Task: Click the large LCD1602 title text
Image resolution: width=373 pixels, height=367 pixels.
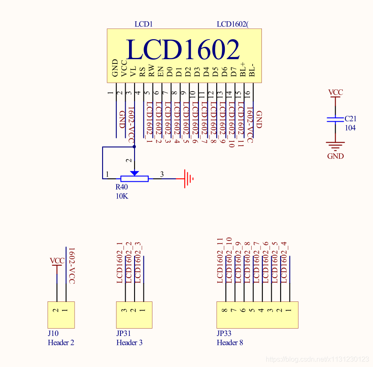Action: click(x=183, y=50)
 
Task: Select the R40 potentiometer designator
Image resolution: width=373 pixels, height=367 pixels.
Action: click(x=121, y=187)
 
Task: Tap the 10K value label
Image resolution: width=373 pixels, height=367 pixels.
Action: click(x=122, y=196)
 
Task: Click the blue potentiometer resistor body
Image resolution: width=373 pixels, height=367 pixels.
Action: click(x=134, y=179)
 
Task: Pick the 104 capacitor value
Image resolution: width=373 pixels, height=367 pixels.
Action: click(x=350, y=128)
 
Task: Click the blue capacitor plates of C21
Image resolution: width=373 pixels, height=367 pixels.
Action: click(x=336, y=119)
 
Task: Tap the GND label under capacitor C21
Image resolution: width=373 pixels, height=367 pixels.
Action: click(x=336, y=156)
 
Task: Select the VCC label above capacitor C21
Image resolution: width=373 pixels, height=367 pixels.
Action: click(x=336, y=92)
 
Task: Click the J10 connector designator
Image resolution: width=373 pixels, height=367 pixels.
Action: click(x=53, y=334)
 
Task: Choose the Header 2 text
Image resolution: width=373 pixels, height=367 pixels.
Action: click(x=61, y=342)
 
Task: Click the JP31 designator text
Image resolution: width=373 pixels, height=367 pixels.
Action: click(x=123, y=334)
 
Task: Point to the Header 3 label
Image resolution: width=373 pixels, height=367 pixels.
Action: click(x=129, y=342)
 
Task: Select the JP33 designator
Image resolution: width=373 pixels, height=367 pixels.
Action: click(x=224, y=334)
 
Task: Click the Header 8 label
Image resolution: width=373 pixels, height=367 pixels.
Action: click(x=230, y=342)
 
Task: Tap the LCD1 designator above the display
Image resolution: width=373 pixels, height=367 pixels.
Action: click(x=143, y=24)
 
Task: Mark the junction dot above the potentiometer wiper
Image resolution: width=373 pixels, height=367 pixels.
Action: click(x=134, y=147)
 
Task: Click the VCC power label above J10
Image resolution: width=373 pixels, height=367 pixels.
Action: click(x=57, y=261)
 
